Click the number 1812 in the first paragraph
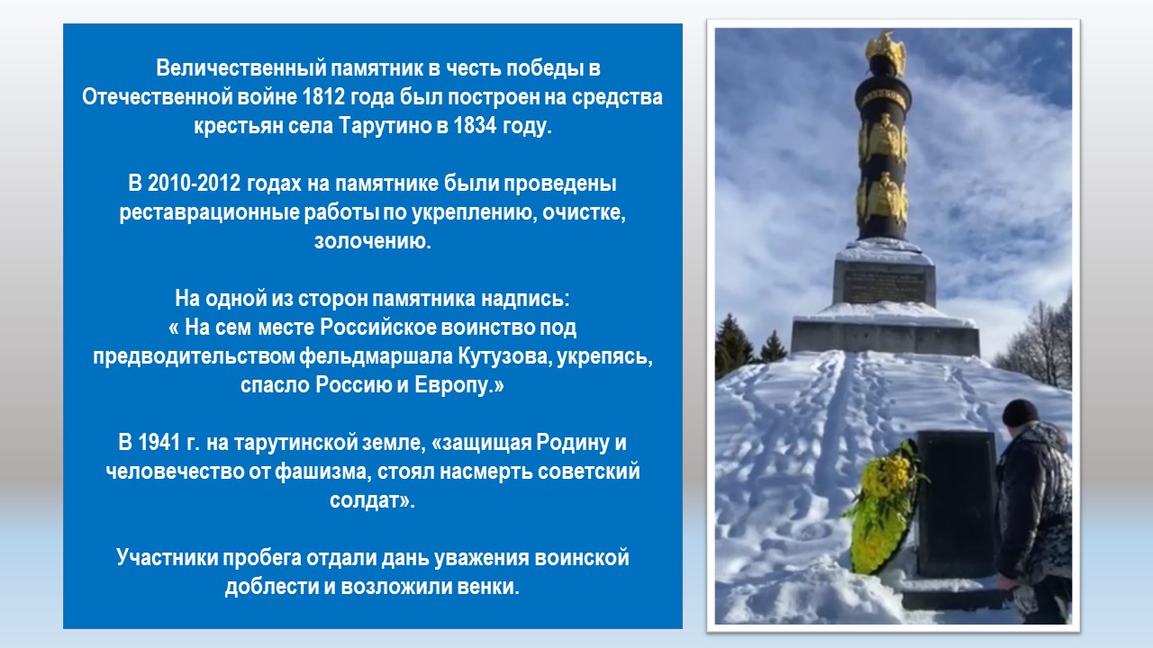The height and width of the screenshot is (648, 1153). pos(323,96)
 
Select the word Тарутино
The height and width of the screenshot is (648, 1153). pos(385,125)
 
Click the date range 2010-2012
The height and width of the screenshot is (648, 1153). pos(185,183)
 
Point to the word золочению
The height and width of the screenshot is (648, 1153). pos(373,241)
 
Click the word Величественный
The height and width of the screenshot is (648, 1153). pos(241,67)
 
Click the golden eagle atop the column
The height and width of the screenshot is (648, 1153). pos(885,52)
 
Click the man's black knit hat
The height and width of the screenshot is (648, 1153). pos(1020,412)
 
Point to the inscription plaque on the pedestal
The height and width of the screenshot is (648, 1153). pos(884,285)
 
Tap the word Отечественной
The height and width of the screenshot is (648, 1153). pos(157,96)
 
